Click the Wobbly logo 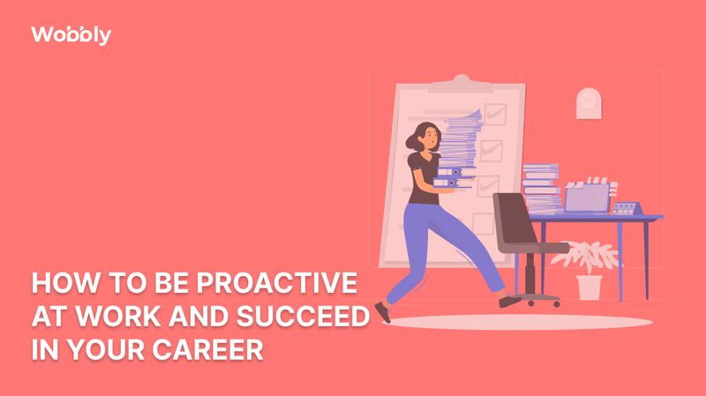click(71, 35)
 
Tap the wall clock click(588, 103)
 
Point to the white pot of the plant click(589, 288)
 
